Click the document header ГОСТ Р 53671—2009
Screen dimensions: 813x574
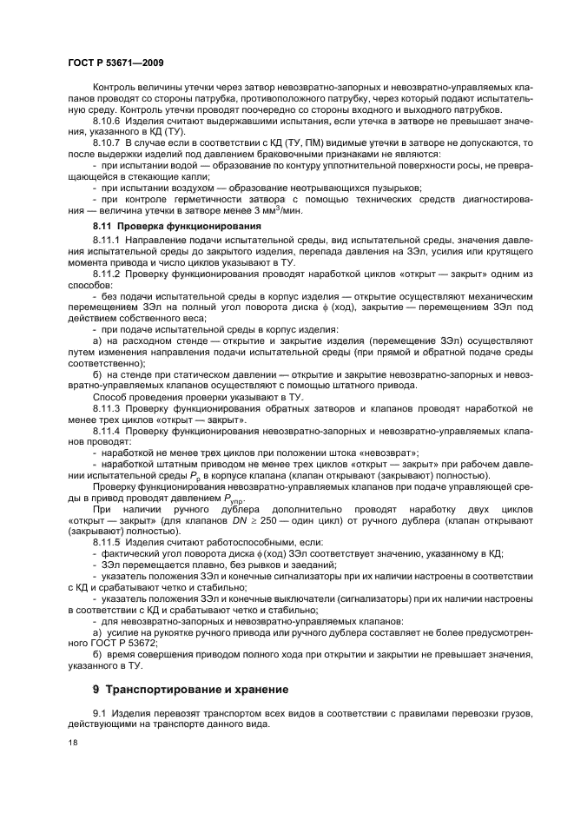pos(115,63)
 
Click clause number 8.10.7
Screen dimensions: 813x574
pos(108,142)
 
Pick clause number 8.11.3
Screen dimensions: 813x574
pos(108,406)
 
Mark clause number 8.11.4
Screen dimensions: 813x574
pos(108,429)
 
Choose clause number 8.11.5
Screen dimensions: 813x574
pos(108,541)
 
